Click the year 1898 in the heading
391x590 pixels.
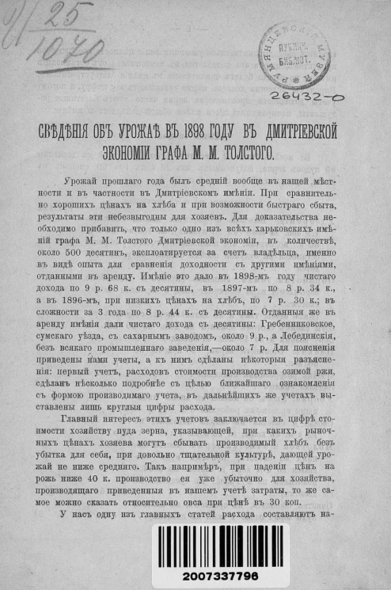[x=187, y=130]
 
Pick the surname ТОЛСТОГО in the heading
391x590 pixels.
[x=241, y=150]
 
